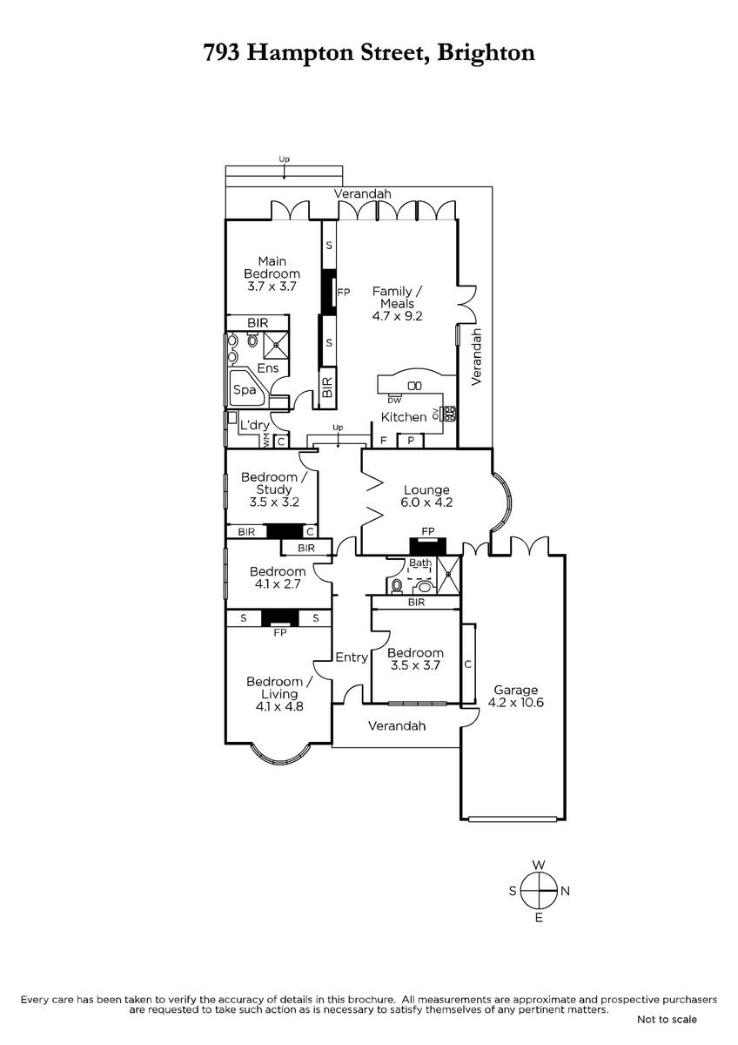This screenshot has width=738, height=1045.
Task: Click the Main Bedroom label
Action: tap(272, 267)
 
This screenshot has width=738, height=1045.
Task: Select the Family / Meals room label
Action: tap(397, 298)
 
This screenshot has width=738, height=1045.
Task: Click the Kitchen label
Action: tap(404, 417)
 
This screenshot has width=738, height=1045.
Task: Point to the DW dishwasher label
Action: tap(394, 401)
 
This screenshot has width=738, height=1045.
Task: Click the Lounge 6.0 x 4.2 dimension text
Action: tap(426, 502)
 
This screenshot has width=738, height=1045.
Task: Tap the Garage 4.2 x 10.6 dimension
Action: tap(515, 703)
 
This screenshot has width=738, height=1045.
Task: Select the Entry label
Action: tap(352, 657)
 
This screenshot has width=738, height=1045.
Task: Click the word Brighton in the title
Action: tap(486, 53)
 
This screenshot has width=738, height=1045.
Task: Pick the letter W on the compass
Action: tap(539, 866)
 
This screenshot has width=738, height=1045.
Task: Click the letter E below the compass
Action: tap(539, 919)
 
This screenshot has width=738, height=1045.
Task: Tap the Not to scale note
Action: tap(667, 1020)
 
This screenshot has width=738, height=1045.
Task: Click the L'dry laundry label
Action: tap(254, 425)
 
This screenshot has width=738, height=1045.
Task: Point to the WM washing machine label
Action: tap(266, 440)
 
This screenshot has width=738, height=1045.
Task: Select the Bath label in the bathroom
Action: tap(420, 563)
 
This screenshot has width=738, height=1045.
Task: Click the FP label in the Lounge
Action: tap(428, 531)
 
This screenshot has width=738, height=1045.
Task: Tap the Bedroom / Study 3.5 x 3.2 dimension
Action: tap(274, 502)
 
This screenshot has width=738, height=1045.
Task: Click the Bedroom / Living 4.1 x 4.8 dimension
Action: tap(279, 706)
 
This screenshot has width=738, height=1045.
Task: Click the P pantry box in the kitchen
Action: tap(410, 441)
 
